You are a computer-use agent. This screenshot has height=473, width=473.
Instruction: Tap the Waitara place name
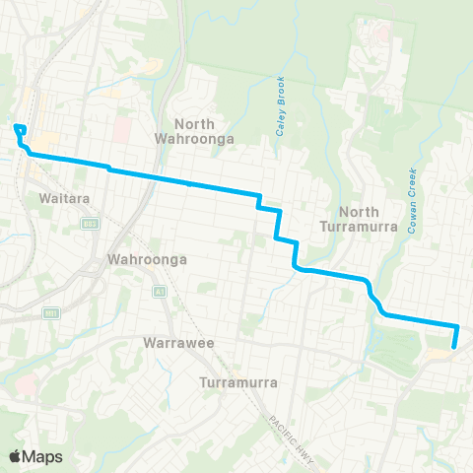click(67, 198)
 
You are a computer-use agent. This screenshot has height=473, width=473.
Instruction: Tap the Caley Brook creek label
click(280, 105)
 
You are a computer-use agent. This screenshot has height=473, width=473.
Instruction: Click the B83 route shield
click(92, 226)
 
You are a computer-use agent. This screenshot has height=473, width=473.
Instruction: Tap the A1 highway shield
click(158, 293)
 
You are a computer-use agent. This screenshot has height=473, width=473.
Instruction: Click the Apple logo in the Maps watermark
click(15, 456)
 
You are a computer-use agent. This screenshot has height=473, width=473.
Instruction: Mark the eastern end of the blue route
click(454, 346)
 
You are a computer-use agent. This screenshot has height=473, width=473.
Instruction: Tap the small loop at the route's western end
click(19, 128)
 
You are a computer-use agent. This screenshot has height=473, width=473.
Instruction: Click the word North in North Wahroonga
click(194, 124)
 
